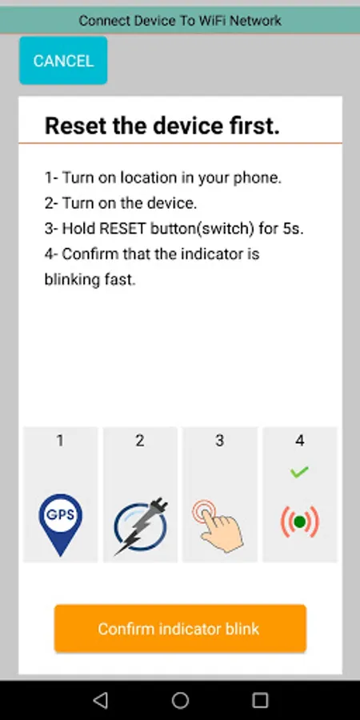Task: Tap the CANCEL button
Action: tap(63, 61)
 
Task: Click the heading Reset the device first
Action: tap(162, 126)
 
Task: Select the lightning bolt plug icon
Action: tap(141, 526)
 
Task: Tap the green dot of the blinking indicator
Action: tap(300, 522)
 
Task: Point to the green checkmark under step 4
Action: tap(299, 471)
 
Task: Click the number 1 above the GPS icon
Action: tap(60, 441)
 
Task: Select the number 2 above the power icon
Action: tap(140, 441)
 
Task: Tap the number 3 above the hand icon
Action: tap(219, 441)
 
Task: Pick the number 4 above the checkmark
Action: tap(299, 441)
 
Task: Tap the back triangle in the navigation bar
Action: tap(100, 700)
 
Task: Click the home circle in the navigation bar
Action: tap(180, 700)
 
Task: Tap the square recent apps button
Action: tap(260, 700)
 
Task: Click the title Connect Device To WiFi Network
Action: tap(180, 21)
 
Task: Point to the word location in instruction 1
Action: tap(148, 178)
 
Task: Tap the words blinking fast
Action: tap(90, 280)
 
